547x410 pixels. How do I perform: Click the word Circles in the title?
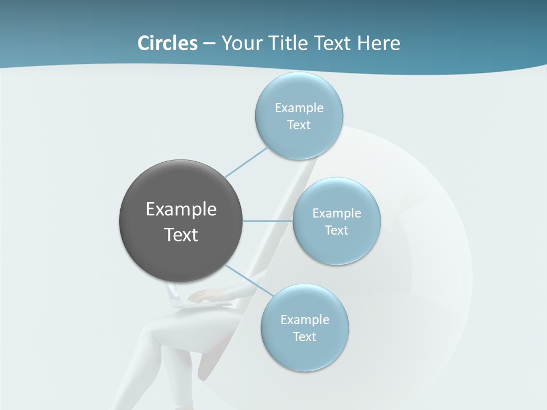(x=167, y=43)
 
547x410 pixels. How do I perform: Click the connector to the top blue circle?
(x=246, y=162)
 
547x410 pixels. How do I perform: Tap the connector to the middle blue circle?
(x=268, y=221)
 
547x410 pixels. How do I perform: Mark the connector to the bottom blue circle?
(x=249, y=280)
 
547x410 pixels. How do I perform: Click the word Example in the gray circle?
(x=181, y=210)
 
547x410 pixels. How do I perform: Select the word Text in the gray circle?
(x=181, y=235)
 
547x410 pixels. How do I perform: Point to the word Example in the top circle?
(x=299, y=108)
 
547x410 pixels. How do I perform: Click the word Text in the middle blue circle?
(x=336, y=231)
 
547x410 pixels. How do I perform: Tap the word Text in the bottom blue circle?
(x=304, y=337)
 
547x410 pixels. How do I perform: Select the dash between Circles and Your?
(x=209, y=43)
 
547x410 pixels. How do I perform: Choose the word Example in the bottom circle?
(x=304, y=319)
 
